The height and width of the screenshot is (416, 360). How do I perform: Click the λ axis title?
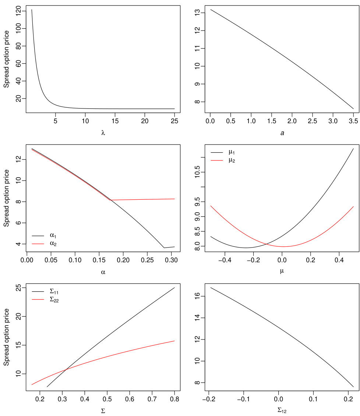pos(103,133)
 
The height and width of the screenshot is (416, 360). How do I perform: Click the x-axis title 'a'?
pos(282,133)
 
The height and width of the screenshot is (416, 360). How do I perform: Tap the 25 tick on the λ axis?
pos(174,121)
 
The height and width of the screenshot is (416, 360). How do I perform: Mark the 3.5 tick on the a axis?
pos(353,121)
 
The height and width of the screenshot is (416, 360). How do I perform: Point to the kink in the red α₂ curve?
pos(111,200)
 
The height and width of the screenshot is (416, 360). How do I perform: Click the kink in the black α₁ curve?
pos(164,248)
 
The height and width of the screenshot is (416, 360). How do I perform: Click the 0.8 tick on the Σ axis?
pos(174,399)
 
